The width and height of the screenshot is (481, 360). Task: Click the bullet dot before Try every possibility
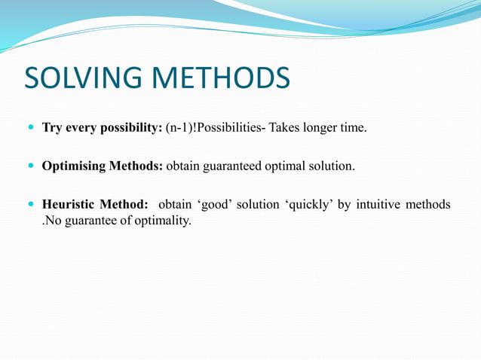[30, 128]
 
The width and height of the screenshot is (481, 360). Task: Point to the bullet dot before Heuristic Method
[30, 205]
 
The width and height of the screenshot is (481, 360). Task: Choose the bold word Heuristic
[72, 205]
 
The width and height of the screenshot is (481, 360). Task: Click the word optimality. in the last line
[163, 221]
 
